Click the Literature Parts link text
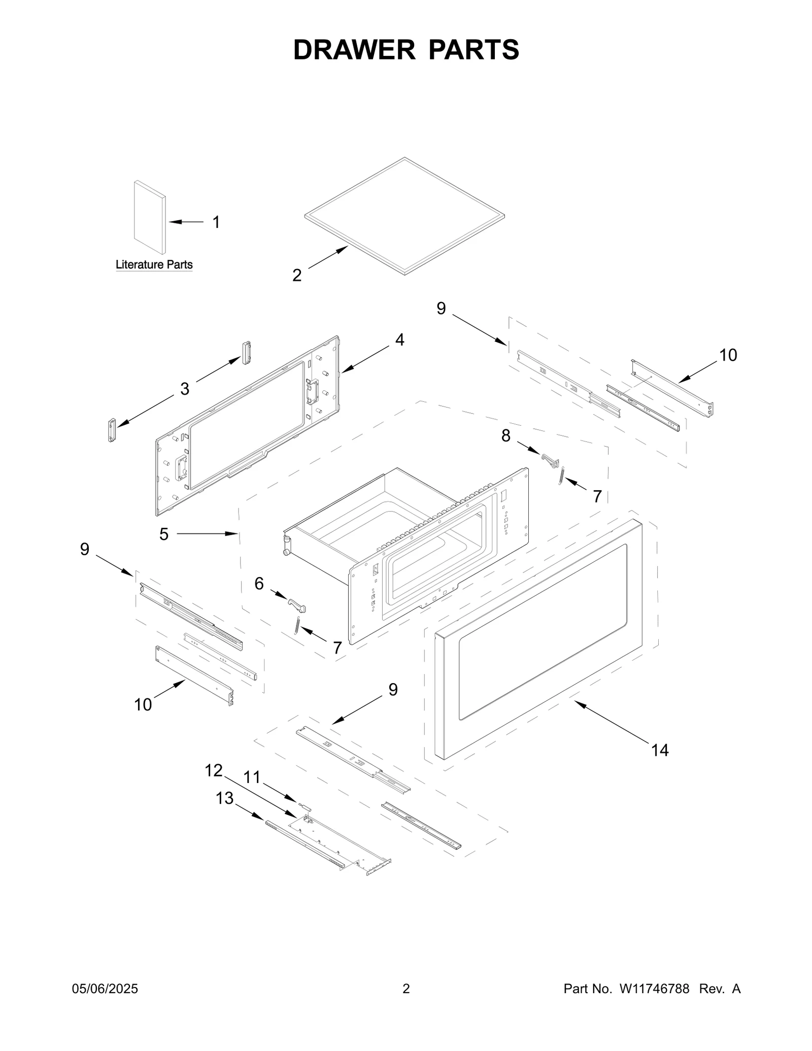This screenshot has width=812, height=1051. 154,264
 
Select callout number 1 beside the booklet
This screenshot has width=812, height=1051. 216,222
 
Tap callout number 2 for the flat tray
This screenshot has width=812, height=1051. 297,275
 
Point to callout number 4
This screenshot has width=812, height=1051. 400,340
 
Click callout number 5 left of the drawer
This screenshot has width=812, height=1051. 163,534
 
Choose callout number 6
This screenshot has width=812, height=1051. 259,584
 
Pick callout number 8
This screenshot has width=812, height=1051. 505,435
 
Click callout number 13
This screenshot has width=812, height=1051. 224,798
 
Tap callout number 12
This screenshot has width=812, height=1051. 213,770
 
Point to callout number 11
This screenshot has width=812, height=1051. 252,777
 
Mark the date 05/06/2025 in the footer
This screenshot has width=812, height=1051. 105,989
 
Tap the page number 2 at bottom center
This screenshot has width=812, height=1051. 406,989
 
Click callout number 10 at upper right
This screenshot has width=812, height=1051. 728,355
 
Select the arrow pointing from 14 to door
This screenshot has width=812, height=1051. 614,721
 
